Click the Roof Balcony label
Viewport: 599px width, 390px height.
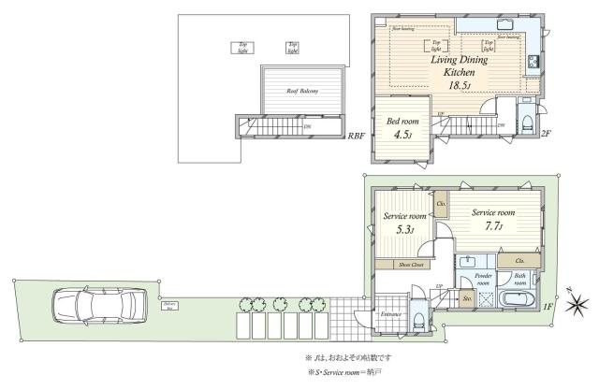[x=301, y=91]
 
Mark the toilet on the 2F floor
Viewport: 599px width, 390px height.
[x=529, y=122]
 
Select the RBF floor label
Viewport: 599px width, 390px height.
[x=356, y=137]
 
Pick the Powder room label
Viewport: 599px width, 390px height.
[x=483, y=280]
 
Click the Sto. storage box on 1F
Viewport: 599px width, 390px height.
[x=467, y=299]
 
